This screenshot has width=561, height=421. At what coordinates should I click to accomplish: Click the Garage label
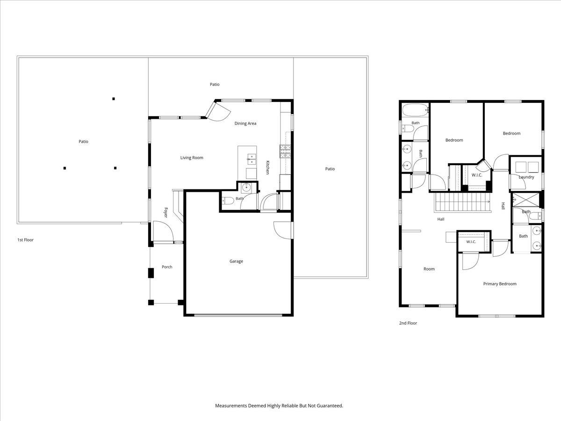tap(236, 261)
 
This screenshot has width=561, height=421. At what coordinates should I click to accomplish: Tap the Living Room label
tap(192, 158)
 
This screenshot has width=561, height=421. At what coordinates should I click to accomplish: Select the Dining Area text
tap(245, 123)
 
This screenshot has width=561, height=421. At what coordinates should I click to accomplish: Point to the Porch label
tap(167, 267)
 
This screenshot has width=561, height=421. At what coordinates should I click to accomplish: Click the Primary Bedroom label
tap(500, 284)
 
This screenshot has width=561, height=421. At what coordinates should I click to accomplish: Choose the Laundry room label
tap(526, 177)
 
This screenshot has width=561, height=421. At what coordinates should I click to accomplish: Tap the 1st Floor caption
tap(25, 240)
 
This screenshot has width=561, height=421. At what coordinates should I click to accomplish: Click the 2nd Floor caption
tap(408, 323)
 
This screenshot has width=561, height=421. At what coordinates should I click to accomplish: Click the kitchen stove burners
tap(285, 151)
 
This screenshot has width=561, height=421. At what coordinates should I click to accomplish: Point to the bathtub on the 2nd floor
tap(415, 110)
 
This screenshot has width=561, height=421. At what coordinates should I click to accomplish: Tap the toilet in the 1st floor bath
tap(228, 201)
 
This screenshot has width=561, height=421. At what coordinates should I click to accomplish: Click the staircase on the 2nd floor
tap(463, 202)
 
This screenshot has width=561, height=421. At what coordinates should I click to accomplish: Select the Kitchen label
tap(267, 167)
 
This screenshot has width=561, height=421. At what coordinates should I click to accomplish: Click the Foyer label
tap(165, 212)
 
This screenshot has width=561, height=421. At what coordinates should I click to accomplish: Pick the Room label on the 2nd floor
tap(429, 269)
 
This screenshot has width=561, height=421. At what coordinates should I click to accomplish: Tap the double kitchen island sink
tap(252, 159)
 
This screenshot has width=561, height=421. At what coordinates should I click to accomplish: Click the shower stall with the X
tap(526, 200)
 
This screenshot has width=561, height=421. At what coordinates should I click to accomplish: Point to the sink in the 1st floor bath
tap(246, 188)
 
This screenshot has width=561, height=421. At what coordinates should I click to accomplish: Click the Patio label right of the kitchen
tap(330, 169)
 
